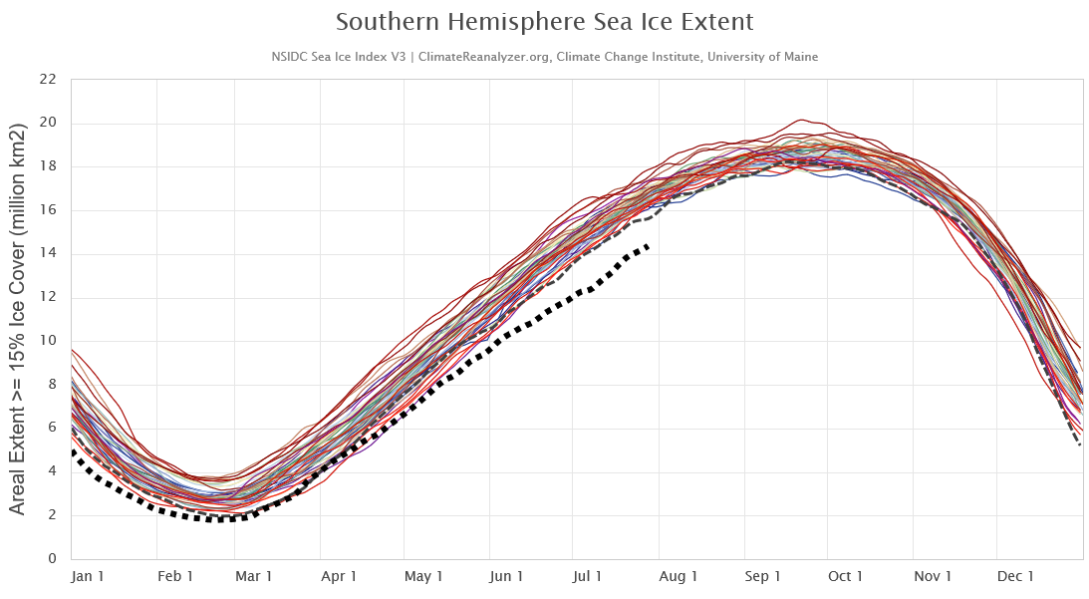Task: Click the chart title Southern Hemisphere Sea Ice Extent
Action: pyautogui.click(x=544, y=22)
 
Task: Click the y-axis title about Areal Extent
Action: pyautogui.click(x=18, y=319)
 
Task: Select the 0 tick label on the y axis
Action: pyautogui.click(x=53, y=559)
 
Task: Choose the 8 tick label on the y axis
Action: pyautogui.click(x=53, y=385)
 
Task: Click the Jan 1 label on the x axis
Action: pyautogui.click(x=89, y=577)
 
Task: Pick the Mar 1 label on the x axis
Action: pyautogui.click(x=254, y=577)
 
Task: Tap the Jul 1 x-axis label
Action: pyautogui.click(x=588, y=577)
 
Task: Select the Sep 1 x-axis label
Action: pyautogui.click(x=763, y=577)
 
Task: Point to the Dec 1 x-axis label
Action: pyautogui.click(x=1016, y=577)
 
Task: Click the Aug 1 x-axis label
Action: pyautogui.click(x=679, y=577)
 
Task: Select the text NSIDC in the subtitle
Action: pyautogui.click(x=290, y=57)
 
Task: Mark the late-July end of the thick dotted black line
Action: pyautogui.click(x=650, y=245)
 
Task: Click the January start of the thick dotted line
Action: pyautogui.click(x=73, y=451)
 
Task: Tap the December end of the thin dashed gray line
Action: pyautogui.click(x=1080, y=445)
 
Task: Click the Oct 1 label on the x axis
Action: pyautogui.click(x=846, y=577)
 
